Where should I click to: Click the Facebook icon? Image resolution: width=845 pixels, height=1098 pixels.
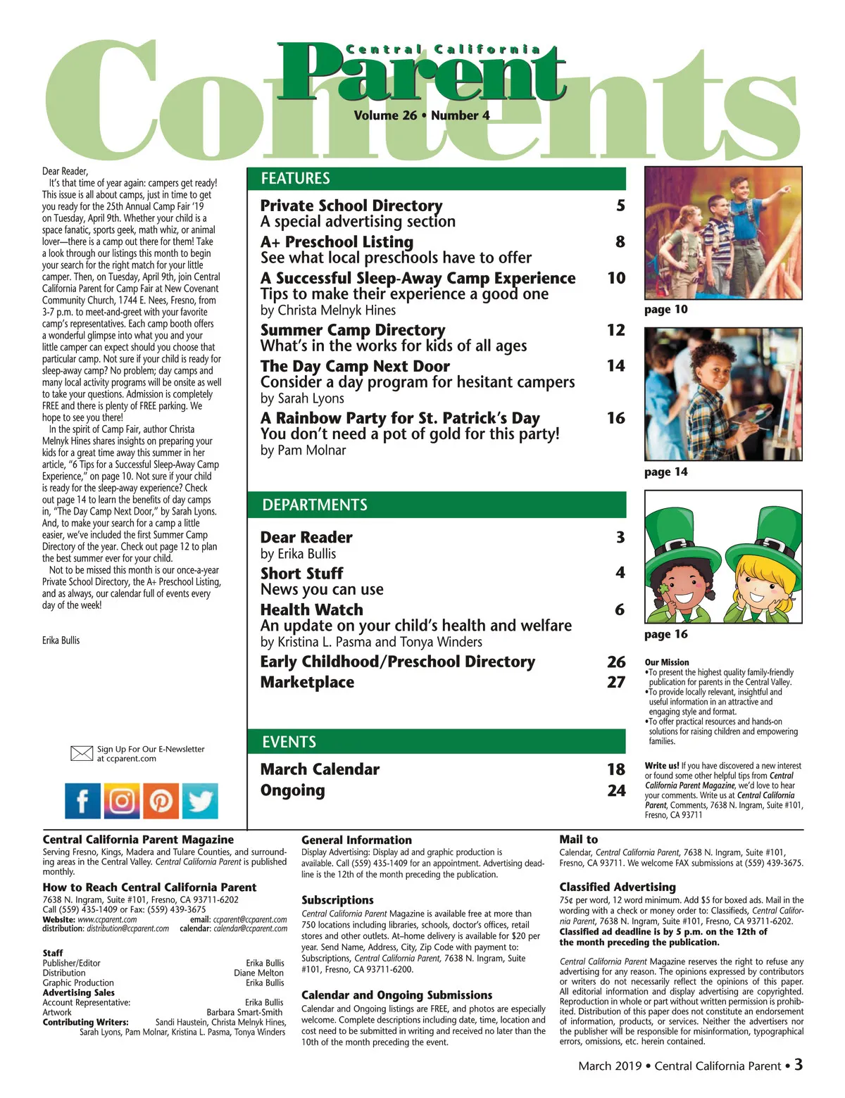[83, 801]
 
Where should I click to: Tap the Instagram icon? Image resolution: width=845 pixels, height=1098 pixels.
[122, 801]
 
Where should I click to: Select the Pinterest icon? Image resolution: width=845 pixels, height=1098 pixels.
[161, 801]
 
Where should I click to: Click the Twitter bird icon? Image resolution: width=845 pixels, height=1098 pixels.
[200, 801]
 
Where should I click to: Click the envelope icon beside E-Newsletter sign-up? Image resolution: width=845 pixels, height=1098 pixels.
[82, 754]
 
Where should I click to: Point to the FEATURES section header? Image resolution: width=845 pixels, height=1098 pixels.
[296, 179]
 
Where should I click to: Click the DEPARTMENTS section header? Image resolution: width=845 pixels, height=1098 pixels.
[315, 505]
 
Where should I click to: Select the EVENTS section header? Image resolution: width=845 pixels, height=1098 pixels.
[289, 742]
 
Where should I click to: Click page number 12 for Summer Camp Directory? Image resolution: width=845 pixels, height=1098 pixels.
[615, 330]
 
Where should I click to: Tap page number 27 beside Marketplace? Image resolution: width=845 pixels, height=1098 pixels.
[615, 682]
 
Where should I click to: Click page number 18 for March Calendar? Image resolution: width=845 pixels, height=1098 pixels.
[615, 769]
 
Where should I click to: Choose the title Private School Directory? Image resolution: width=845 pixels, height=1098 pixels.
[351, 206]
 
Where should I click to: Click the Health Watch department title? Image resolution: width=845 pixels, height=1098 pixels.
[312, 610]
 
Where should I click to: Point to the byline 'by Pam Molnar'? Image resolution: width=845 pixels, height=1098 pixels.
[303, 450]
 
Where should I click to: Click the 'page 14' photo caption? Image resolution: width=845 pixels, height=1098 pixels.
[665, 472]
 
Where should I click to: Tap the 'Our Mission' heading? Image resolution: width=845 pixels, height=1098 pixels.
[666, 662]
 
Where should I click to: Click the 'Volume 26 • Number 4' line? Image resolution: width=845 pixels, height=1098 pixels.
[422, 115]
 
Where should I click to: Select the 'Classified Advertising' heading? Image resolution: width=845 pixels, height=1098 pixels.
[617, 887]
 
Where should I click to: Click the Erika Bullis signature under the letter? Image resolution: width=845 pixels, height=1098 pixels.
[61, 640]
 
